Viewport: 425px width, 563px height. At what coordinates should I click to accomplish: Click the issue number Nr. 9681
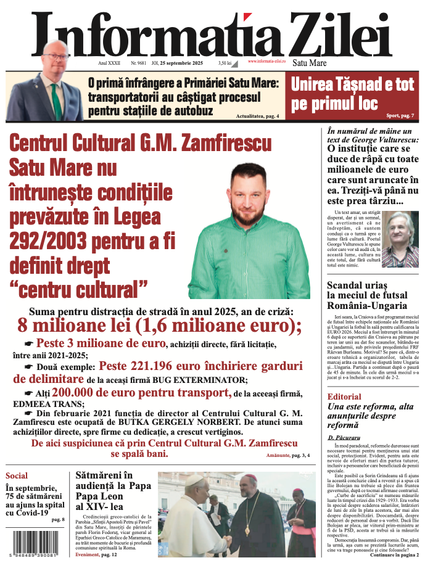coord(139,63)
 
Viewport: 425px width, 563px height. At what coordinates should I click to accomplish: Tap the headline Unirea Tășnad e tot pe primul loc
coord(352,93)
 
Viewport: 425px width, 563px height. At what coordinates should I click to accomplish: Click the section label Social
coord(17,476)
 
